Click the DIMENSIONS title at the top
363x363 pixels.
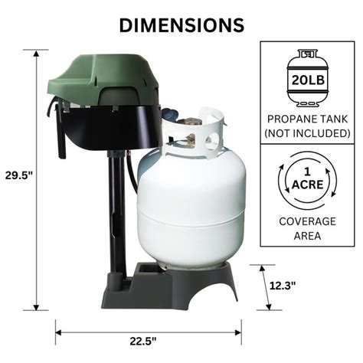pyautogui.click(x=181, y=25)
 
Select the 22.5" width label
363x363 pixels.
pyautogui.click(x=143, y=340)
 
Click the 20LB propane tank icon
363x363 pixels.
pyautogui.click(x=307, y=79)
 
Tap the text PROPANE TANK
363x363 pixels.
pyautogui.click(x=307, y=119)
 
